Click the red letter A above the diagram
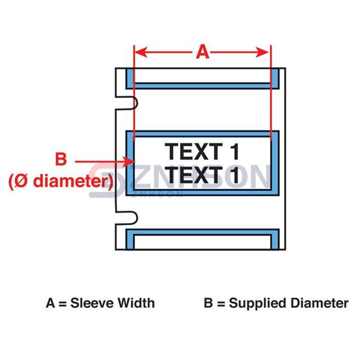click(203, 53)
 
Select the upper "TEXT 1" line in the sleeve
click(202, 151)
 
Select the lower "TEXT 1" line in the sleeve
click(202, 175)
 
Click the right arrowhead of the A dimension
click(267, 53)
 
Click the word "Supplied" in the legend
click(257, 303)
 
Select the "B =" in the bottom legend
click(214, 303)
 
